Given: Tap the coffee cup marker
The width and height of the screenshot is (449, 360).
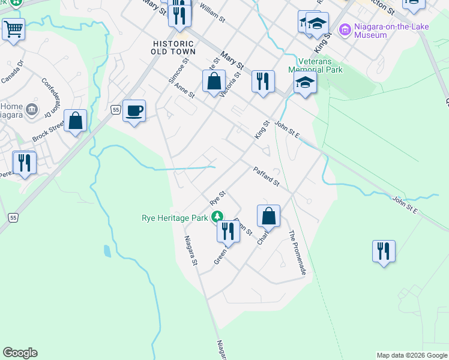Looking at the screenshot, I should (x=134, y=110).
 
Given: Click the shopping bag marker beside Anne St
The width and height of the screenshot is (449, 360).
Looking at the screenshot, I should (x=214, y=81).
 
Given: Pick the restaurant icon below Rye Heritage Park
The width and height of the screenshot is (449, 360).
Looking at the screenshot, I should (x=228, y=230).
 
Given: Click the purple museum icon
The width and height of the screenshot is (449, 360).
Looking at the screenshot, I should (x=345, y=29).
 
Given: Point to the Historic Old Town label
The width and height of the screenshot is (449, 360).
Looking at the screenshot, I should (x=173, y=48).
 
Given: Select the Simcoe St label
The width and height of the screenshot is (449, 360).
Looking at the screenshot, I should (x=178, y=71).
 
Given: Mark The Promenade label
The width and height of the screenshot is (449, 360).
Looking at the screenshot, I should (x=298, y=253).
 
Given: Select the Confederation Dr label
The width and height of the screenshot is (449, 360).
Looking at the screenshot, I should (x=53, y=97).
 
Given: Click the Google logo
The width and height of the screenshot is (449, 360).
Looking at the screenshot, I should (x=20, y=353).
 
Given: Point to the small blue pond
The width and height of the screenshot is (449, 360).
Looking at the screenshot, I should (x=107, y=251).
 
